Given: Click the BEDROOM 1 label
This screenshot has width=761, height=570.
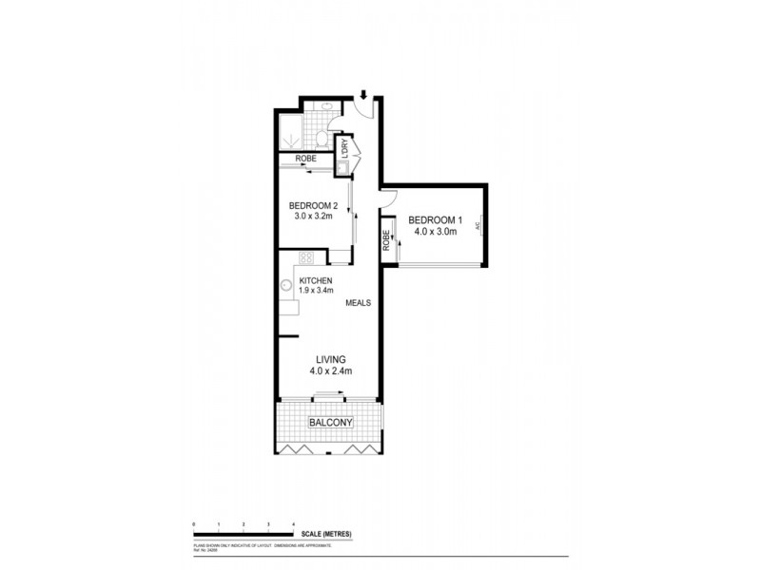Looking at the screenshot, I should tap(435, 221).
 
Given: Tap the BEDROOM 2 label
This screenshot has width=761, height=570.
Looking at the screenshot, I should tap(313, 206).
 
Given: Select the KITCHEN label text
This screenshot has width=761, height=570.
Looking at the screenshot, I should tap(316, 280).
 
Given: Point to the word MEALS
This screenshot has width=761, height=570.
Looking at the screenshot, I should tap(358, 303).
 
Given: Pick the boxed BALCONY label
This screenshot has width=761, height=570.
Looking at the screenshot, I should tap(331, 423).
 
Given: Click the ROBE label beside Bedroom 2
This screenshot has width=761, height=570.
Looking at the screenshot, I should tap(305, 159).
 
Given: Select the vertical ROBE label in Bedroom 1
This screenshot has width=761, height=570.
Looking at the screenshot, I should tap(387, 241).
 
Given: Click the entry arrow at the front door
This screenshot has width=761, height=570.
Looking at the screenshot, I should tap(363, 94).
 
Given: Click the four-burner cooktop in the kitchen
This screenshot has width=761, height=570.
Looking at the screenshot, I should tap(306, 256).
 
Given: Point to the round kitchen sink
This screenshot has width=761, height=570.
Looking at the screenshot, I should tap(285, 285).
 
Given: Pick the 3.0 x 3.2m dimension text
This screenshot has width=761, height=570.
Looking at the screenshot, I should tap(313, 217).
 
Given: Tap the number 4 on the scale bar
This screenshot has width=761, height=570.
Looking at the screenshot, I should tap(294, 524).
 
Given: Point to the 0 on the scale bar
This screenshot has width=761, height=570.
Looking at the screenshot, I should tap(193, 524).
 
